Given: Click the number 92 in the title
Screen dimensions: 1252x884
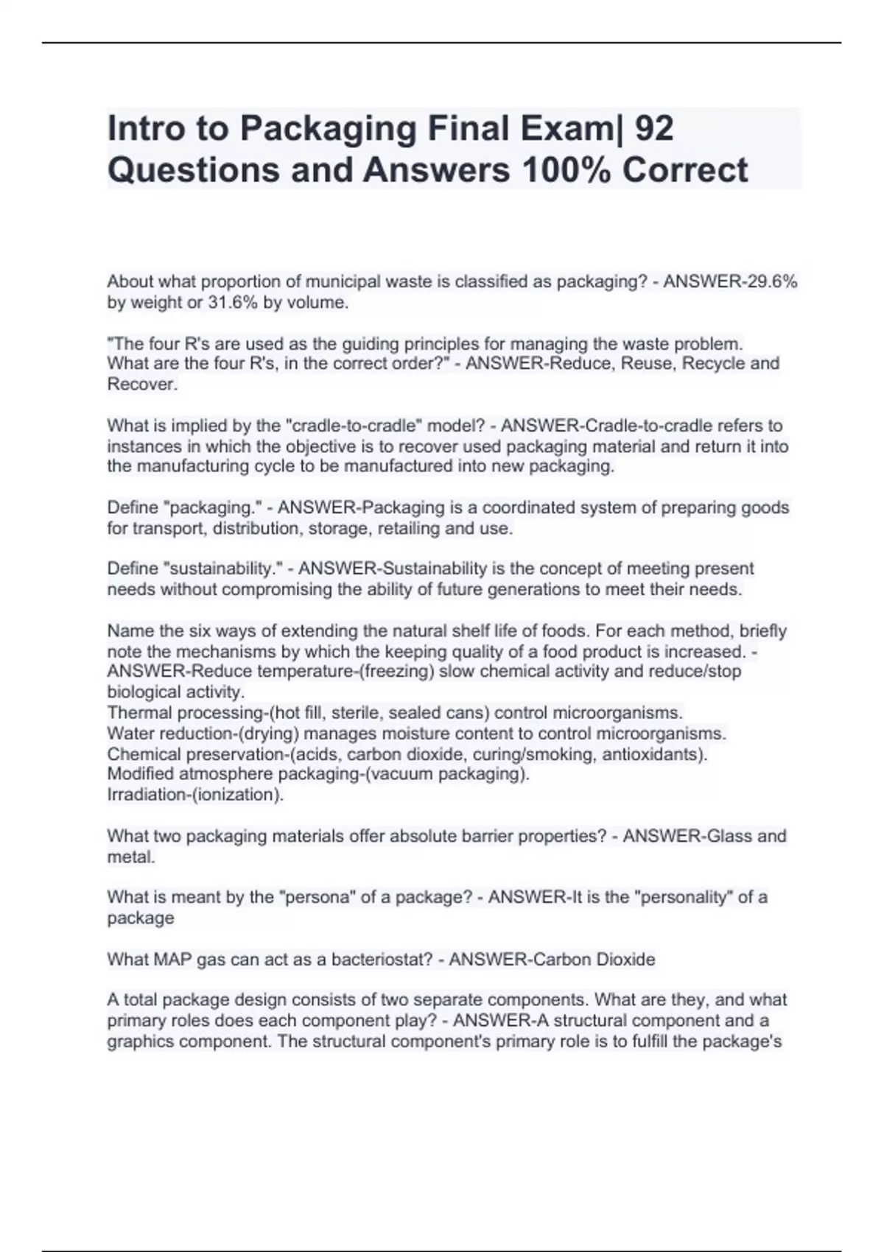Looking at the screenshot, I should click(x=653, y=129).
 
